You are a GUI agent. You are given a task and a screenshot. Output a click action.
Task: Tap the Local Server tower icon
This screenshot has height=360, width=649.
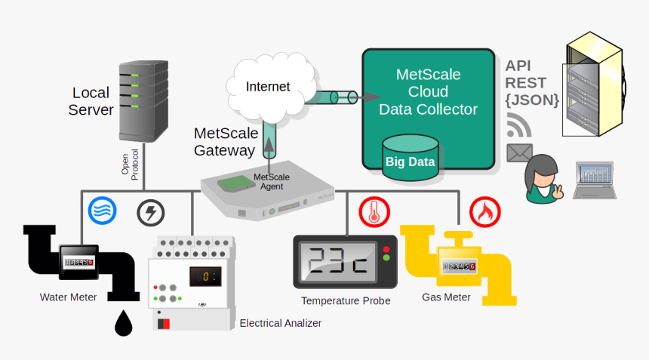143,100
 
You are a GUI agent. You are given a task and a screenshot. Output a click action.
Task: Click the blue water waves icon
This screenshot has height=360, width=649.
102,211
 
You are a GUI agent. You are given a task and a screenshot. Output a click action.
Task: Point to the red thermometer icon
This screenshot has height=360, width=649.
372,212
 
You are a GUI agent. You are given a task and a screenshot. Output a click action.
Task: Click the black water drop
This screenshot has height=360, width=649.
123,324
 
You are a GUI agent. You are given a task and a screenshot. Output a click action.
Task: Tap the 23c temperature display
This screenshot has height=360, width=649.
339,261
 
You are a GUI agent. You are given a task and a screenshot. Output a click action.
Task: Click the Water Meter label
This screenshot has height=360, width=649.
69,297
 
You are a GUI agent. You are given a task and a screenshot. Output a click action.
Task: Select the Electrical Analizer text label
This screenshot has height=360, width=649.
280,323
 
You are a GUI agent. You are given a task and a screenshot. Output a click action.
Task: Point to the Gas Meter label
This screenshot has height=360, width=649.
446,297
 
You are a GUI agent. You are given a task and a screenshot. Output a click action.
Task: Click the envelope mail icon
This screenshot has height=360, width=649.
519,153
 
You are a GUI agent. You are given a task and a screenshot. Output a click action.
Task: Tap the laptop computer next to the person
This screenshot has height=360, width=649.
595,180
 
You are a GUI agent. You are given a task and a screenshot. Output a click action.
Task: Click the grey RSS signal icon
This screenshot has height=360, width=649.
518,123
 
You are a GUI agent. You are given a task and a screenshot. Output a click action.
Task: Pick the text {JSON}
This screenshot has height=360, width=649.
532,99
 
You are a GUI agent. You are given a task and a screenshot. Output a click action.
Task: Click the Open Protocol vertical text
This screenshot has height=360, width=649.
130,160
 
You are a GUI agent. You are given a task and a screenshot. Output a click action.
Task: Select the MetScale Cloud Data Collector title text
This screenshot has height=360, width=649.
428,92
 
